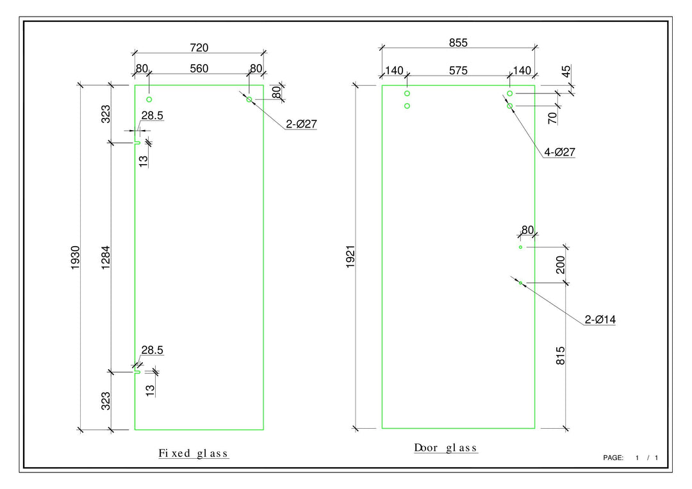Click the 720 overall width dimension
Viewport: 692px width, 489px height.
tap(199, 47)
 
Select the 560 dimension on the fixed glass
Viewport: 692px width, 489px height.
tap(199, 69)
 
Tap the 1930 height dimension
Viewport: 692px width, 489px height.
tap(75, 257)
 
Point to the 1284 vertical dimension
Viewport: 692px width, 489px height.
tap(106, 257)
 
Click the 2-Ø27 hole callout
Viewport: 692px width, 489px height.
tap(301, 124)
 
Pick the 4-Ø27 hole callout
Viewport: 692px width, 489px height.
tap(559, 153)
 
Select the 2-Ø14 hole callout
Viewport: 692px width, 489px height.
tap(600, 319)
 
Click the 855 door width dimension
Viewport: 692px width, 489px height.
tap(458, 43)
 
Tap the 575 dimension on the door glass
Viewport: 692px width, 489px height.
tap(458, 70)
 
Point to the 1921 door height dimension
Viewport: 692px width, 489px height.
tap(350, 257)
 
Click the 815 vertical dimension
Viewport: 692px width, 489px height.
tap(561, 356)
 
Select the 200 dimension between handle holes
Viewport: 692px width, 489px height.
tap(561, 265)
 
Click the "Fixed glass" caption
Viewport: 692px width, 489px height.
tap(194, 453)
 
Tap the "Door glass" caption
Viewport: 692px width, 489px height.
tap(445, 447)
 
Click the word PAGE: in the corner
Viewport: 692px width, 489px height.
tap(613, 458)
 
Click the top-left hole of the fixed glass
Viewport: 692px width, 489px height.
tap(149, 99)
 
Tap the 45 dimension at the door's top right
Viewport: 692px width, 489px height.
tap(566, 71)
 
